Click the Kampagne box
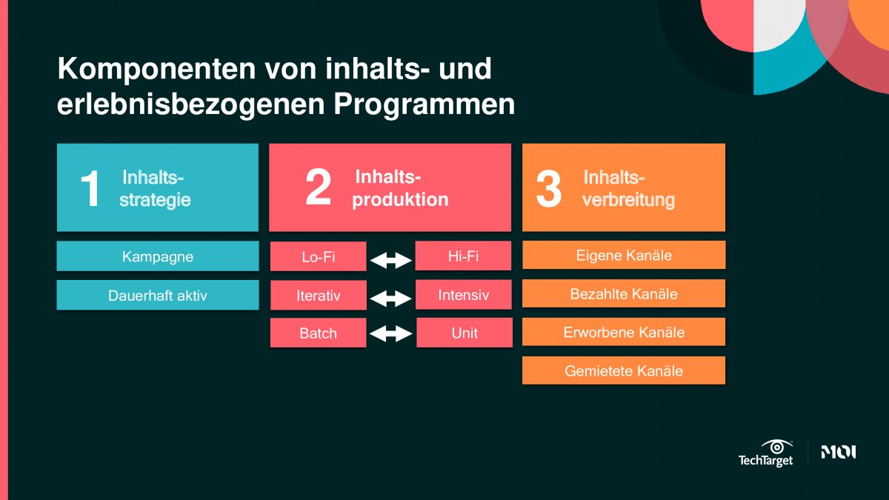pos(158,256)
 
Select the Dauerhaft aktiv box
pos(158,295)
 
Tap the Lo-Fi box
pos(319,256)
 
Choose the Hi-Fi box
pos(463,256)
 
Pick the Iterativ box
pos(319,295)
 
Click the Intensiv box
pos(464,295)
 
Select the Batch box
pos(319,333)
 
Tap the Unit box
pos(465,333)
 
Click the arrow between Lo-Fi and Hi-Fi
pos(391,260)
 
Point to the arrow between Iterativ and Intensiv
pos(391,299)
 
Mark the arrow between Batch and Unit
pos(391,333)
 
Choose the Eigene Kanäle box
pos(624,255)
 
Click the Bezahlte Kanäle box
pos(624,293)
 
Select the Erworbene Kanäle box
pos(624,332)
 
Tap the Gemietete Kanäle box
pos(624,370)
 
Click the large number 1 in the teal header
pos(90,188)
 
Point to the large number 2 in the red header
pos(319,187)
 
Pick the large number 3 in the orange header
pos(549,189)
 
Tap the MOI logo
pos(839,452)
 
